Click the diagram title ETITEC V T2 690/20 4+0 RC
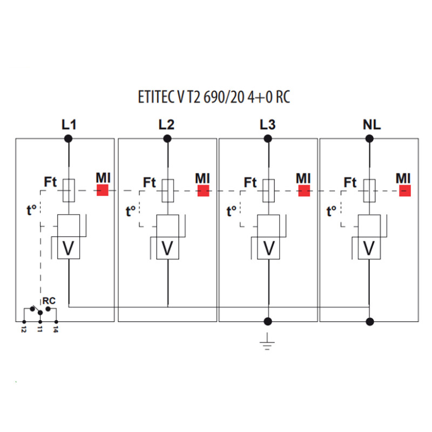click(x=214, y=97)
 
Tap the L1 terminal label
click(x=69, y=125)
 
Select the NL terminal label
click(x=372, y=125)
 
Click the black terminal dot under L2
click(x=167, y=139)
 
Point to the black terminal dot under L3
click(x=268, y=139)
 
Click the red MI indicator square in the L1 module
click(x=103, y=191)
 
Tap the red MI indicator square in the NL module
click(x=405, y=191)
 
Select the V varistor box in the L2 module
click(x=167, y=248)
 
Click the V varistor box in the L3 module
click(x=268, y=248)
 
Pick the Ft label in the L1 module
click(x=50, y=182)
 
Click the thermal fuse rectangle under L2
click(x=167, y=191)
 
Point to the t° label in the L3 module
click(x=232, y=211)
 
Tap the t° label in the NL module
click(x=332, y=211)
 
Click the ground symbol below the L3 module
click(x=267, y=342)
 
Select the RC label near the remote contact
click(x=49, y=301)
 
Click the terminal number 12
click(x=24, y=329)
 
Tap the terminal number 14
click(x=56, y=329)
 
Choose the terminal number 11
click(x=40, y=329)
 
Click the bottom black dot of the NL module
click(x=370, y=321)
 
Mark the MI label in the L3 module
click(x=303, y=178)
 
